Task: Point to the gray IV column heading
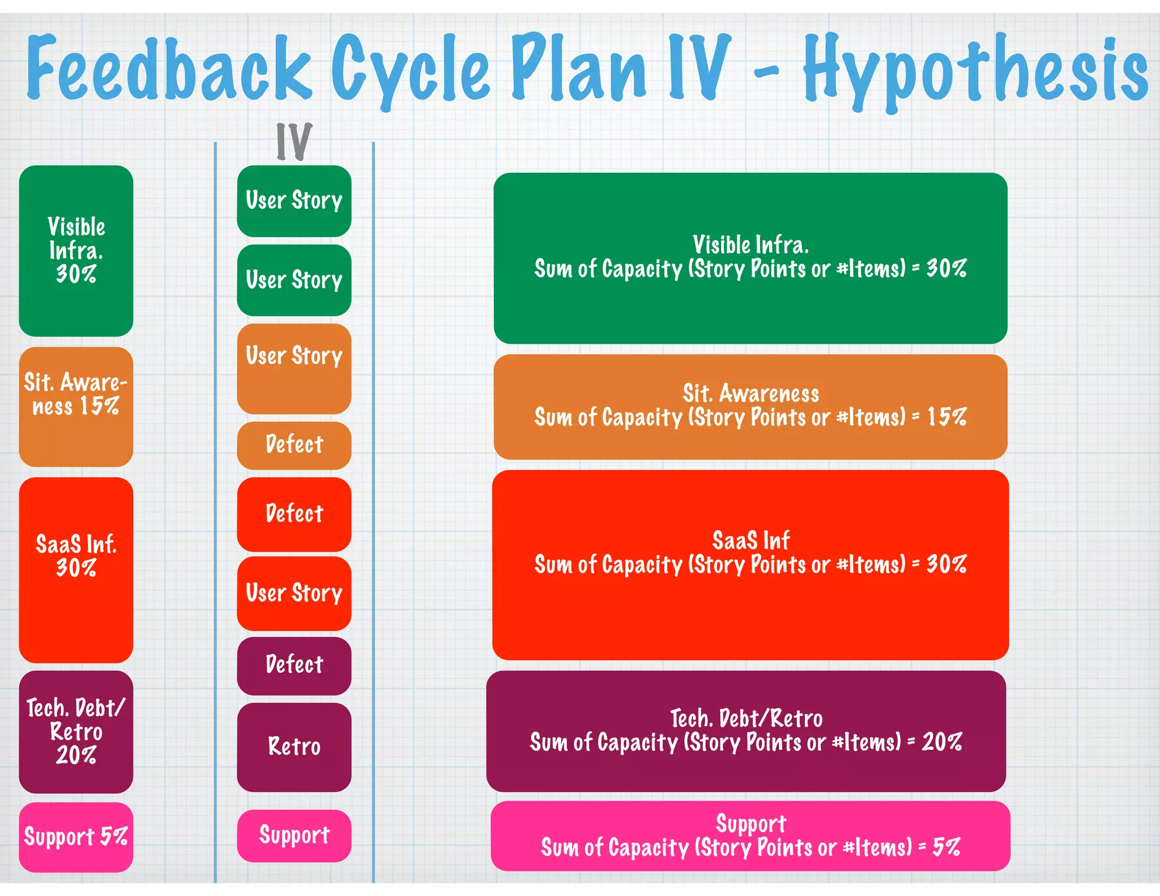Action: pos(294,141)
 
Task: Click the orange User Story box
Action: pos(294,368)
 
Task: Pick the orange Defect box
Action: pos(294,445)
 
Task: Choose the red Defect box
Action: pos(294,514)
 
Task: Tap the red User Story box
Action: pos(294,593)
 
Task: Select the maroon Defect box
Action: pos(294,665)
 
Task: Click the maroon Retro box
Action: pos(294,746)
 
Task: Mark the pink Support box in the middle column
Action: pos(294,835)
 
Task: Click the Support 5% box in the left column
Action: pos(76,837)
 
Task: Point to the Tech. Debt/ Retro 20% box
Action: pos(76,731)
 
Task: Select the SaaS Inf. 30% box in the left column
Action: pos(76,569)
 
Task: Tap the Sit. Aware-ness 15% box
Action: pos(76,406)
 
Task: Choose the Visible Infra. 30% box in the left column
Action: pos(76,250)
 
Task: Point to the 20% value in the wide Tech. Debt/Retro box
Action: pos(942,742)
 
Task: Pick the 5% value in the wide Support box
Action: pos(946,847)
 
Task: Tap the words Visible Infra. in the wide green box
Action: pos(750,245)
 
